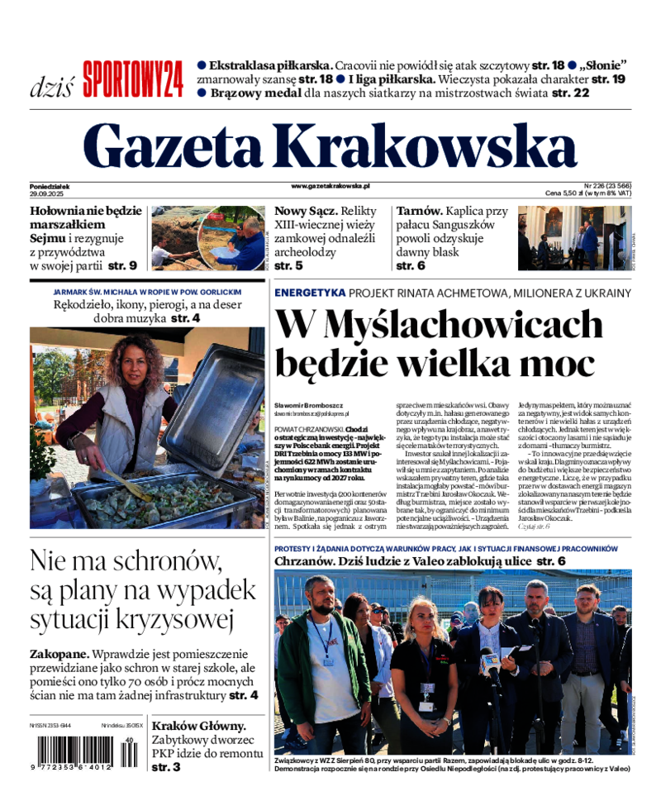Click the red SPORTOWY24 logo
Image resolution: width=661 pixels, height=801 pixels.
coord(132,80)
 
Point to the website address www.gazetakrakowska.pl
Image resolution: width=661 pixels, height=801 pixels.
coord(330,187)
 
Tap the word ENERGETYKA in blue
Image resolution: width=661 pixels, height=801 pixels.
coord(309,293)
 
